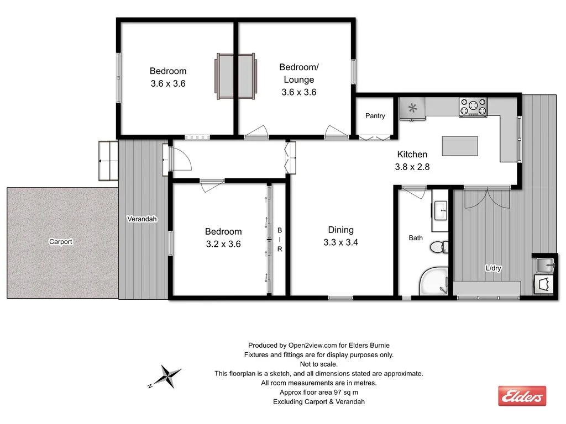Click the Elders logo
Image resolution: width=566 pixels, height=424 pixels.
pyautogui.click(x=522, y=395)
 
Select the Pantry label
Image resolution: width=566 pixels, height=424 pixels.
pyautogui.click(x=375, y=116)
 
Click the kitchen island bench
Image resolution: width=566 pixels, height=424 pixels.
pyautogui.click(x=460, y=146)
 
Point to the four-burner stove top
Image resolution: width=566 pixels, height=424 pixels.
pyautogui.click(x=473, y=107)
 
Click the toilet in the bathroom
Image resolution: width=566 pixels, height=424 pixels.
pyautogui.click(x=440, y=246)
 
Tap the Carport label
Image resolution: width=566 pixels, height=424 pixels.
pyautogui.click(x=61, y=242)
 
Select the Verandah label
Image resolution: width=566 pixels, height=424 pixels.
pyautogui.click(x=142, y=219)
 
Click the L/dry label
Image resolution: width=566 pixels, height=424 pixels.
pyautogui.click(x=493, y=268)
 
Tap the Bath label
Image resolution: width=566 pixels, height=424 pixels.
pyautogui.click(x=416, y=238)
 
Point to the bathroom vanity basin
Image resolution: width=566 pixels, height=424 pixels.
pyautogui.click(x=441, y=209)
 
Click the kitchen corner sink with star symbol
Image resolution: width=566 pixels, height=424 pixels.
pyautogui.click(x=413, y=108)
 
